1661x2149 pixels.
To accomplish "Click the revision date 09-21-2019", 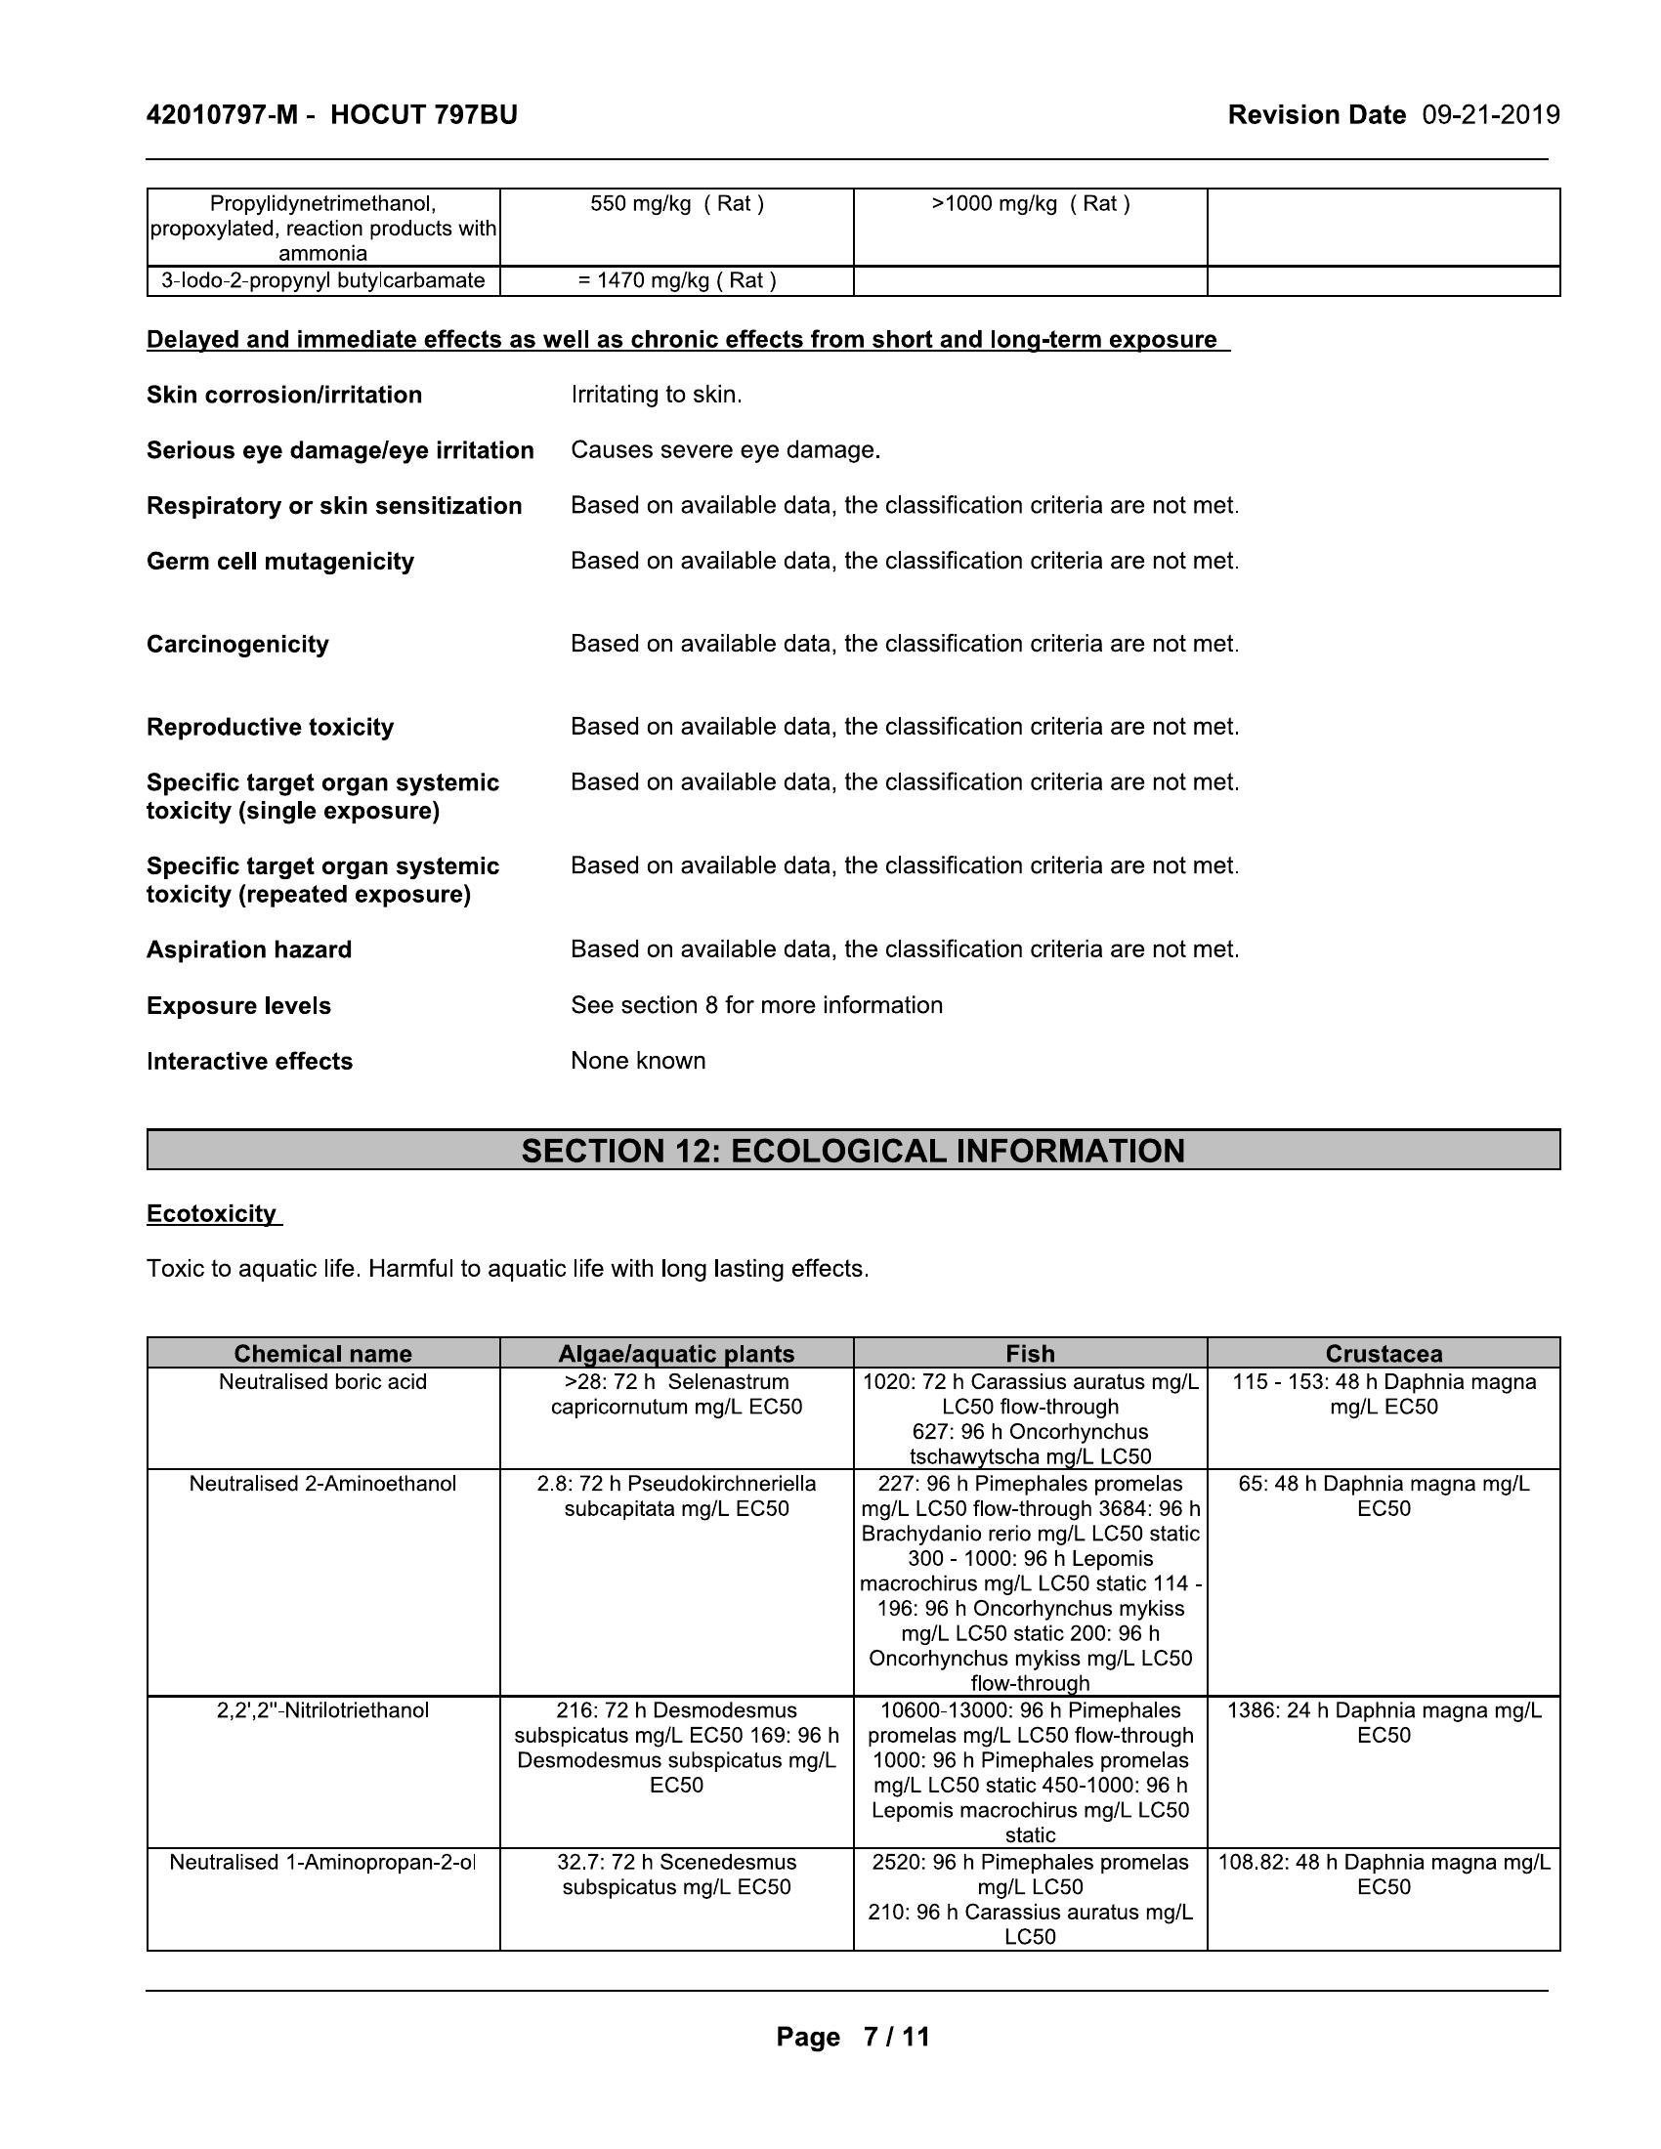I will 1491,115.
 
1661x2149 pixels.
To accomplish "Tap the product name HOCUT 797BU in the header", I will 423,115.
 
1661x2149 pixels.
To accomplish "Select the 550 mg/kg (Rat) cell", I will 677,204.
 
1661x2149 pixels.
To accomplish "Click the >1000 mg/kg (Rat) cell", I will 1030,204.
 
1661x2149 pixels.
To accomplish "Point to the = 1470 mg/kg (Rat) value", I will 677,280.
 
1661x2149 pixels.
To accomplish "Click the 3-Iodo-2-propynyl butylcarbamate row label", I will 322,280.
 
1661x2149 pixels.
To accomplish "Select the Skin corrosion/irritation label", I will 284,395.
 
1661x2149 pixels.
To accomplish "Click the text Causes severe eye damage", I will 725,449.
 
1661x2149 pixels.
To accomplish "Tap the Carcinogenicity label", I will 238,644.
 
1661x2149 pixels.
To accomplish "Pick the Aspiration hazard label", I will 249,949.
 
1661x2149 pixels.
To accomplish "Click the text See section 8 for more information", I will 756,1004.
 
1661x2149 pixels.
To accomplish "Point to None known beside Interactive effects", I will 639,1060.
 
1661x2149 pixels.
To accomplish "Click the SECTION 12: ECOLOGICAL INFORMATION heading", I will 853,1151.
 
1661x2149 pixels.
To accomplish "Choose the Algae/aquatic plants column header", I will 677,1353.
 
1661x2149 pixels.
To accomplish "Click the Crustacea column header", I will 1384,1353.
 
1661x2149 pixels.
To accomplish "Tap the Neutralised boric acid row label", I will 322,1381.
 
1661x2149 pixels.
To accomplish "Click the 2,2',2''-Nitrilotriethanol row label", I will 322,1710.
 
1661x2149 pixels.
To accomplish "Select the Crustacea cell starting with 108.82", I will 1384,1875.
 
